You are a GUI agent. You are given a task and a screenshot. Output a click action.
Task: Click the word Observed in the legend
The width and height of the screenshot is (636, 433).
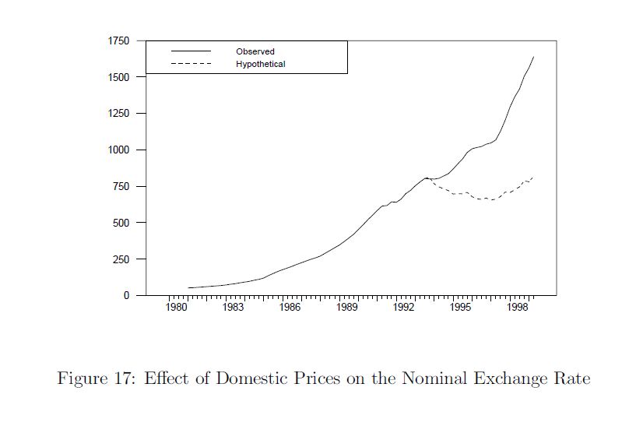(x=255, y=51)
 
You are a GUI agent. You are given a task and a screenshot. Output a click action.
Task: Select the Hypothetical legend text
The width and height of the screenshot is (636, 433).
(x=261, y=64)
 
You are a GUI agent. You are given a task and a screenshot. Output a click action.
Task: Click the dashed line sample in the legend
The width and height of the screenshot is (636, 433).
(x=191, y=64)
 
